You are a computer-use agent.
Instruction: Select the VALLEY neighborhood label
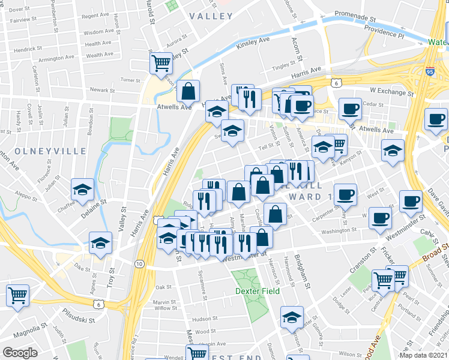[211, 16]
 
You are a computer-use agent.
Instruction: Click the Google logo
[20, 352]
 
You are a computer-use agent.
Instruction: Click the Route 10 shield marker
[139, 263]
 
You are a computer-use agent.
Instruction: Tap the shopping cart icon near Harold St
[161, 61]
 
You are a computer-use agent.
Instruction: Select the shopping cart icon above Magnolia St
[17, 294]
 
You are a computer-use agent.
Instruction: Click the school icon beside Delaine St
[83, 189]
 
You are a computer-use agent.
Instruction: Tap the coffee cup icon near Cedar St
[350, 108]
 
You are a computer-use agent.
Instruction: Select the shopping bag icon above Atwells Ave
[188, 91]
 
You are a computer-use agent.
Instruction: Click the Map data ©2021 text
[424, 355]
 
